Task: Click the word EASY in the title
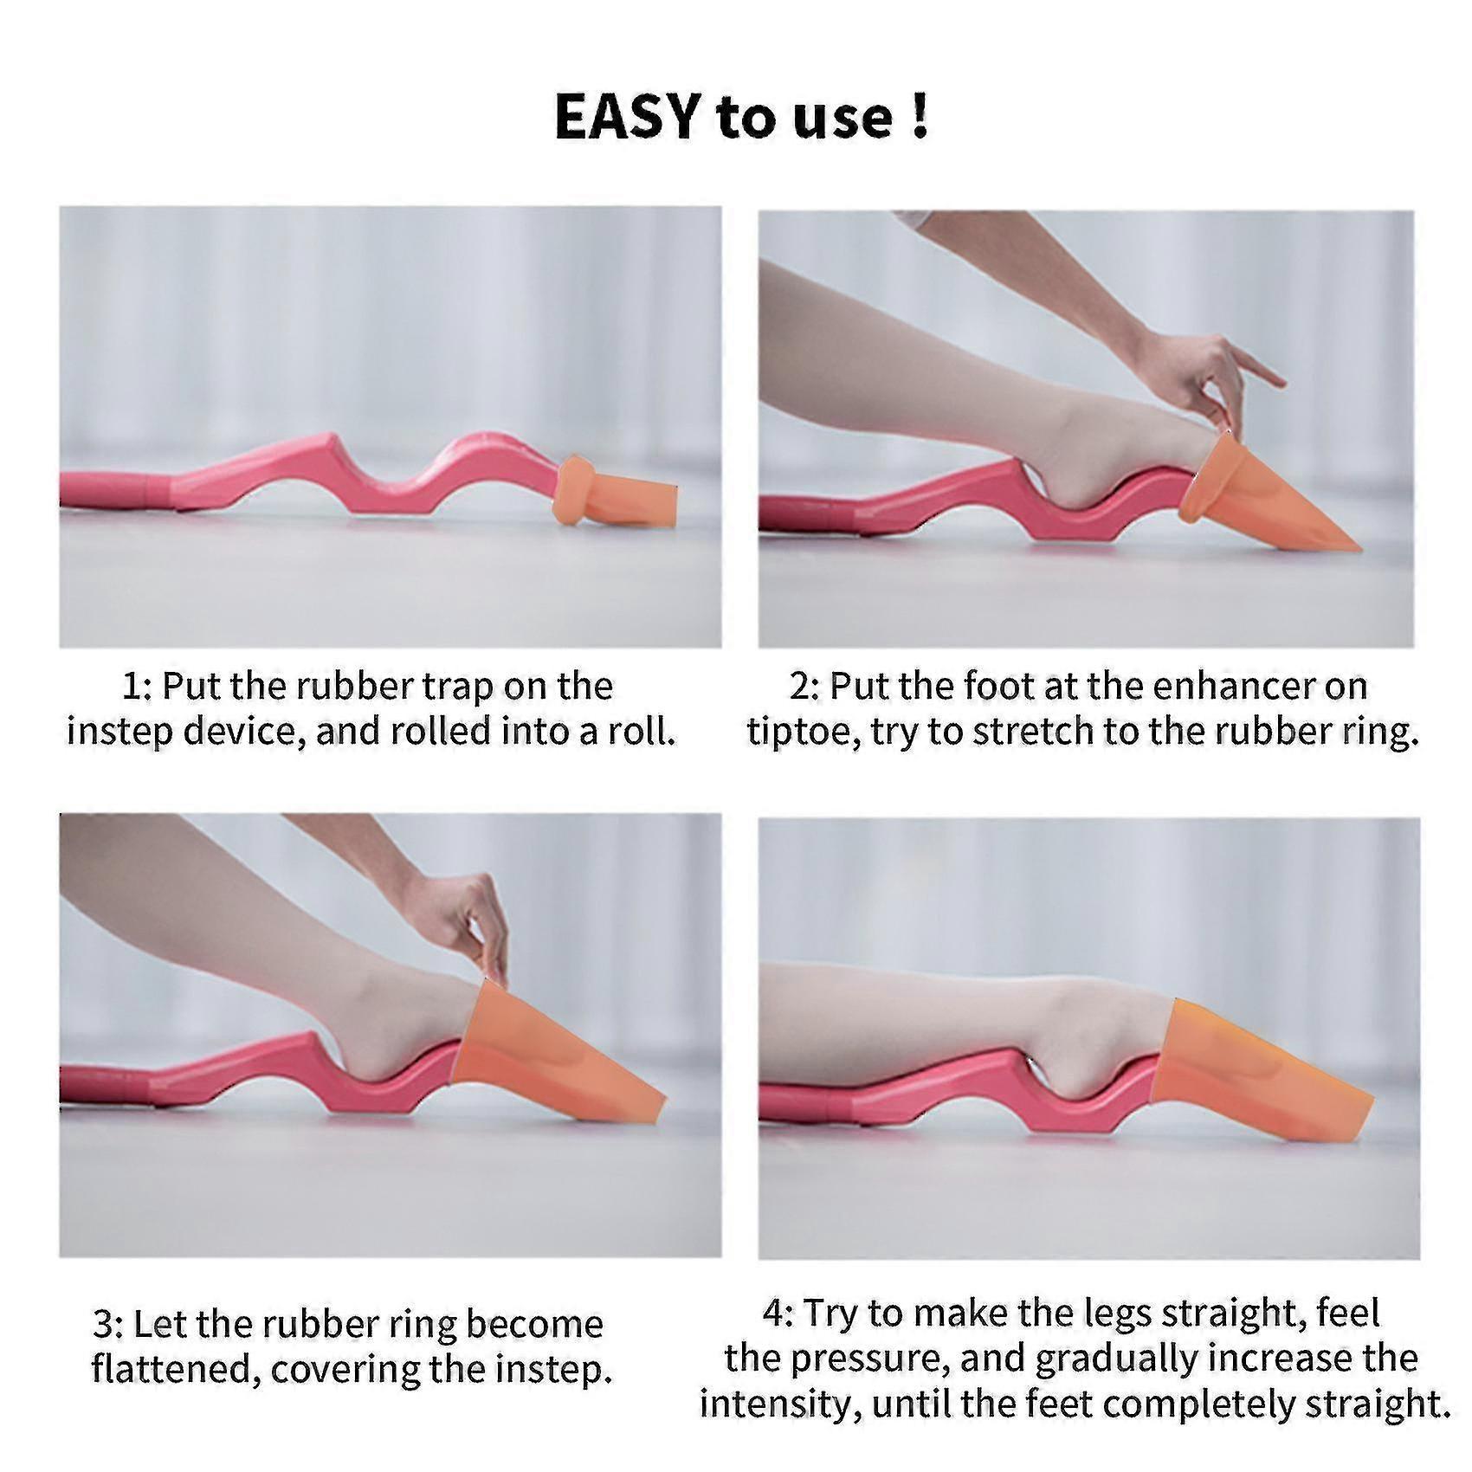pyautogui.click(x=626, y=117)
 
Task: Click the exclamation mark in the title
pyautogui.click(x=920, y=117)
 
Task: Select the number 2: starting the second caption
pyautogui.click(x=804, y=687)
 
